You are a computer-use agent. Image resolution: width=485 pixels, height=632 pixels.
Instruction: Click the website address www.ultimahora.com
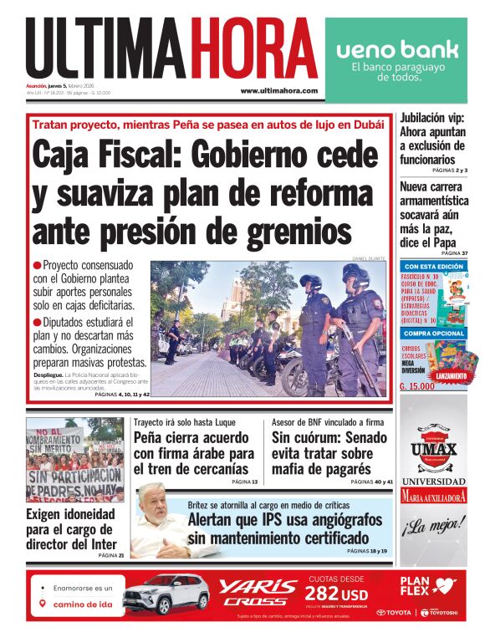point(278,90)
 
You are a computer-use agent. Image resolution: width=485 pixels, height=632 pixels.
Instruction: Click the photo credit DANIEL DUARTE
point(369,258)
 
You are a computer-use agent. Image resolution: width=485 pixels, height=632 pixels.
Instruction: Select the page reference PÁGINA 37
point(455,252)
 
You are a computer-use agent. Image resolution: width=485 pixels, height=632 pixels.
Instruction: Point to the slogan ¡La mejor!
point(433,527)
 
